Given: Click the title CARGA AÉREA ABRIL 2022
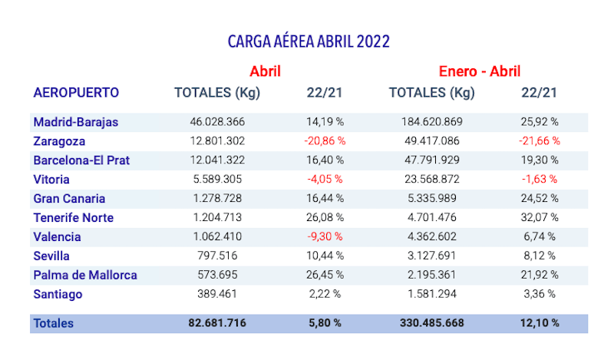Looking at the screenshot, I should click(x=308, y=41).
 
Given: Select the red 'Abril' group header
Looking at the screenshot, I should click(x=265, y=71).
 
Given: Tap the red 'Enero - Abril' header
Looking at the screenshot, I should click(x=480, y=71).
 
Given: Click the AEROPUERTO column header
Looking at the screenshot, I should click(x=76, y=93).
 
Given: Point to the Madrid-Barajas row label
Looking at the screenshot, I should click(x=75, y=122).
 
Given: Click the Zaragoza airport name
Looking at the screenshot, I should click(x=59, y=141).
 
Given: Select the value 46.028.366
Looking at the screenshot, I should click(x=217, y=122).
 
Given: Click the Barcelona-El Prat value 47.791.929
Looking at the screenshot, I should click(x=431, y=160).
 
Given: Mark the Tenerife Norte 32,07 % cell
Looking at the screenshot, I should click(x=538, y=218).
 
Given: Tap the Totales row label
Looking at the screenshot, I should click(x=53, y=323).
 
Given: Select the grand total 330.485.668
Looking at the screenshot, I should click(x=431, y=323).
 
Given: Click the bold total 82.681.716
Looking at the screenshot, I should click(x=217, y=323).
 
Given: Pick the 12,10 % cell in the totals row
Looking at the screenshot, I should click(x=538, y=323).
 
